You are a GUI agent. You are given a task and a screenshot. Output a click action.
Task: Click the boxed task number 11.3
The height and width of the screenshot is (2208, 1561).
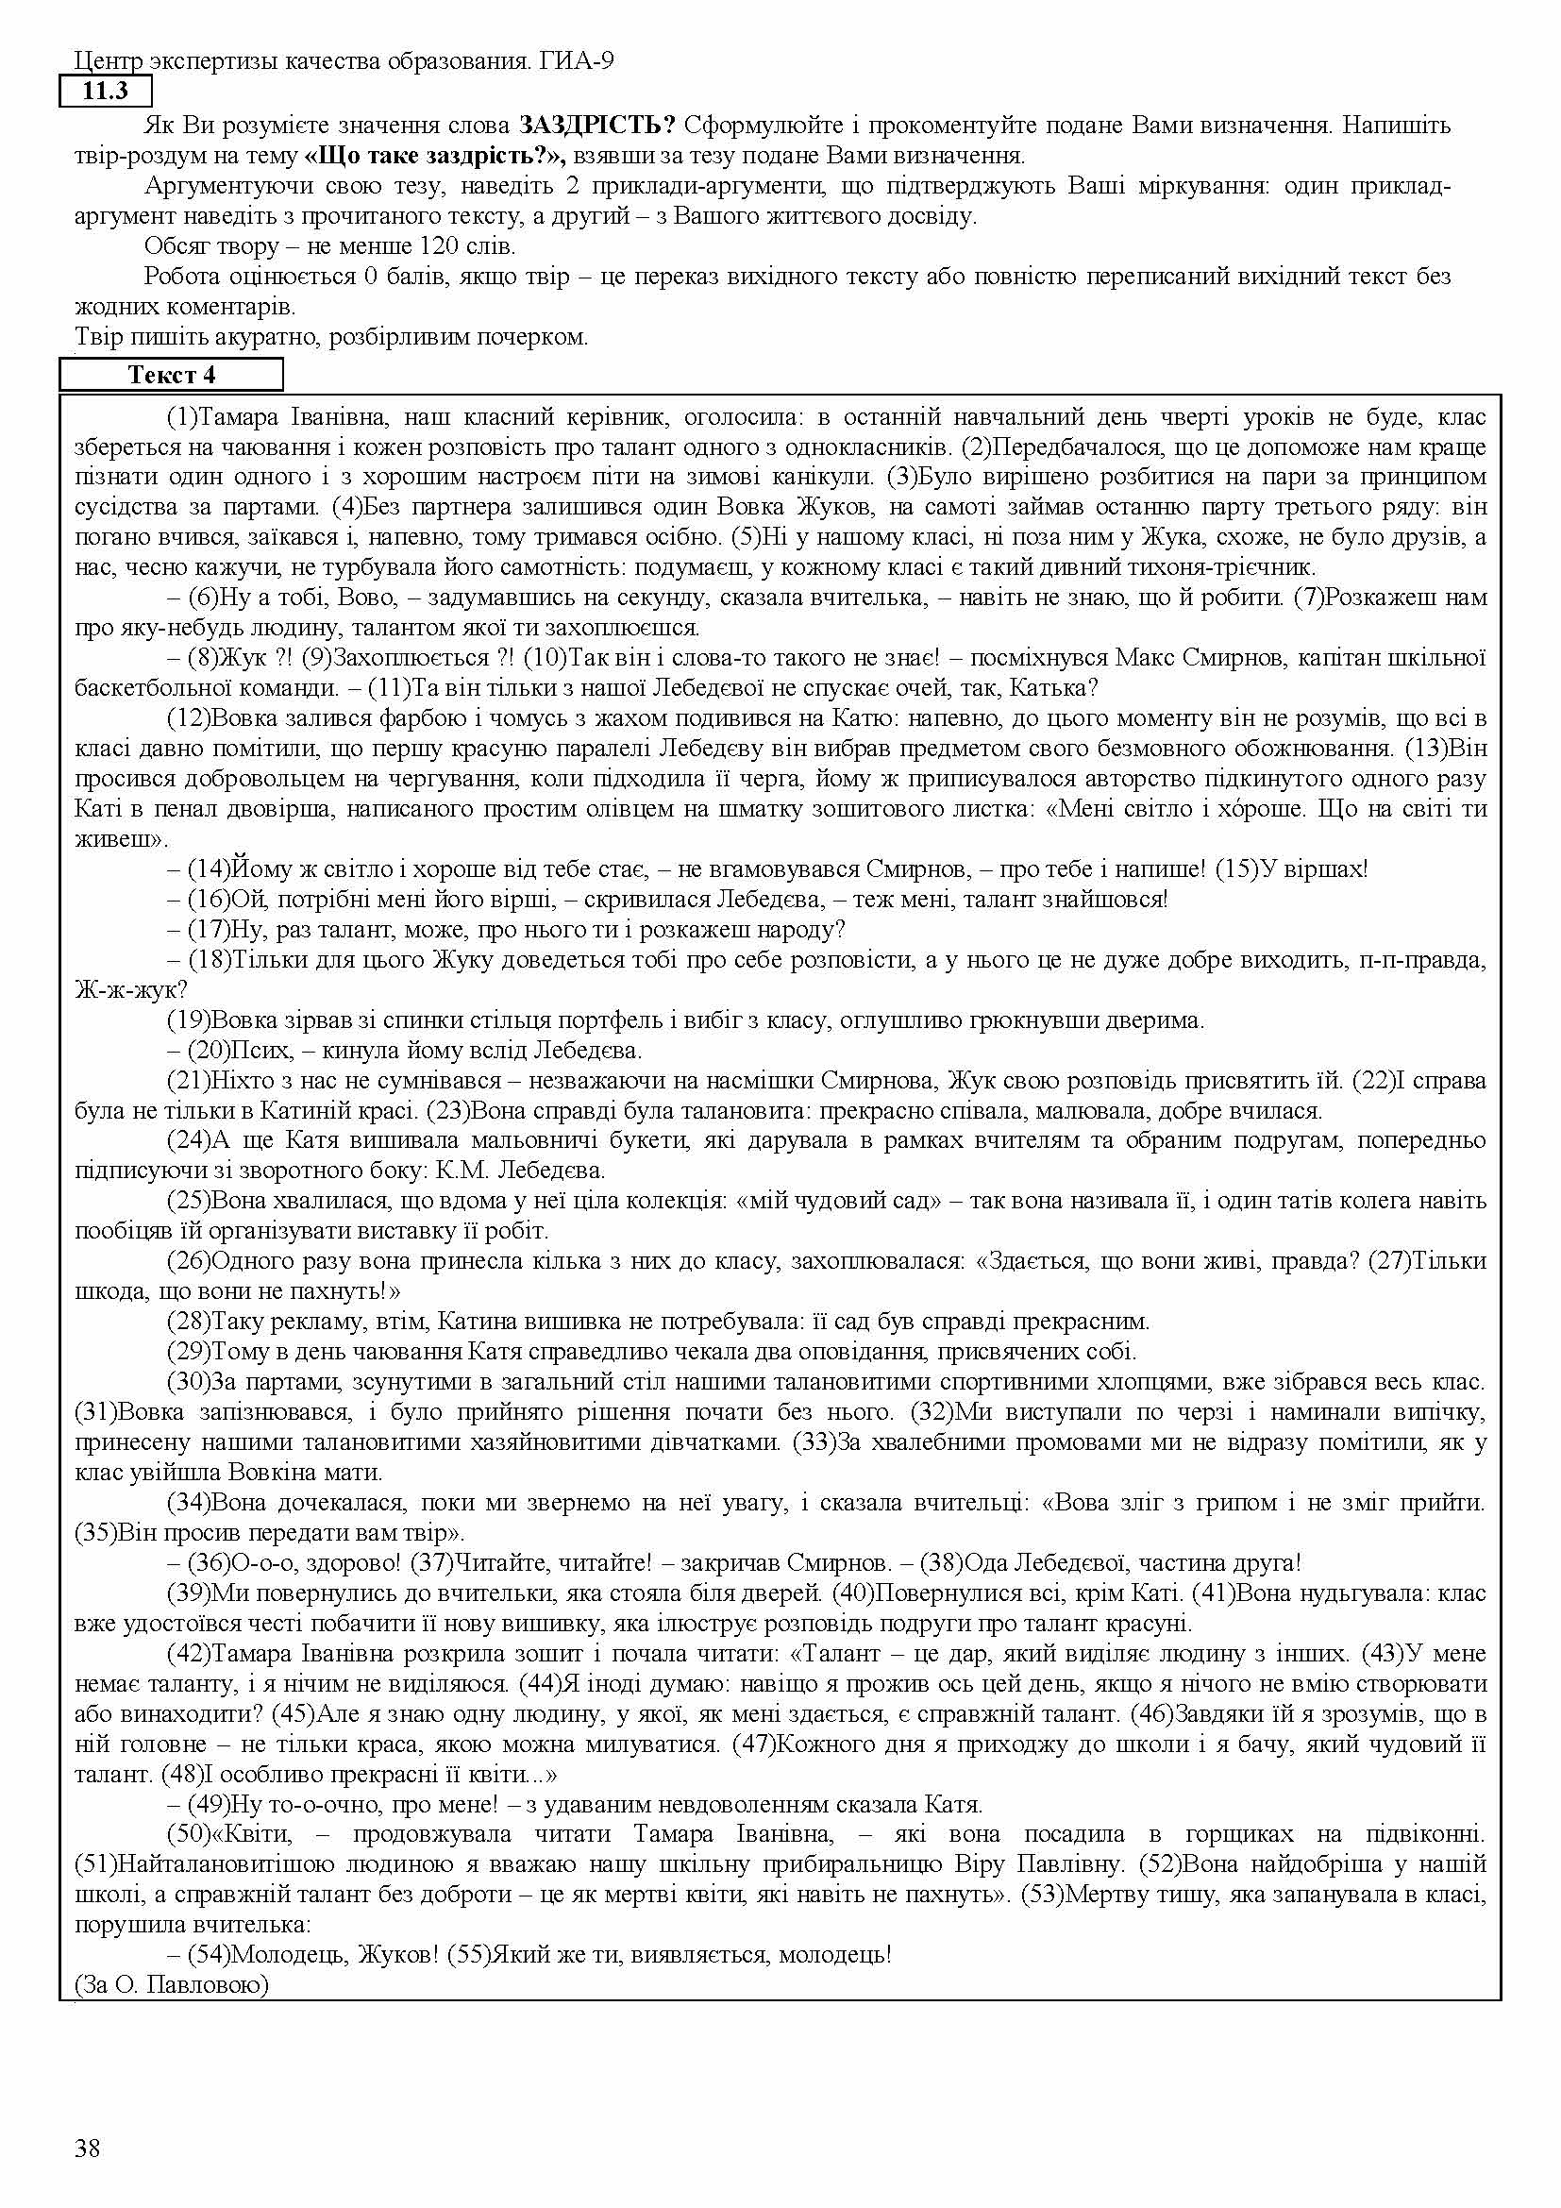(x=106, y=93)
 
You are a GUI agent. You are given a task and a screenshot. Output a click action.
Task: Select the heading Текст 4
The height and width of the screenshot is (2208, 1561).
(x=171, y=375)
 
